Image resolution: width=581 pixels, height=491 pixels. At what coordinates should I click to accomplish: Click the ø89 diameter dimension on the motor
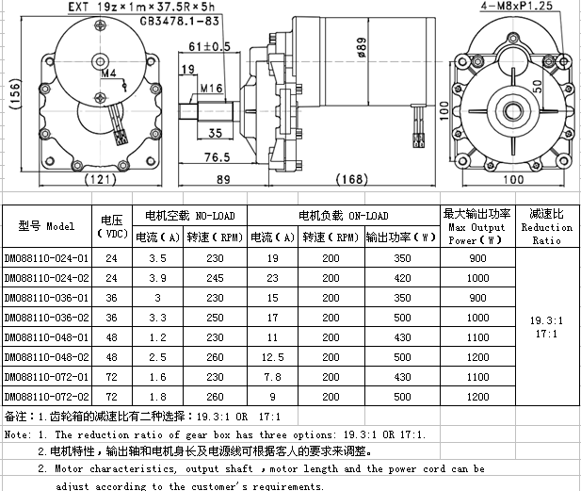pyautogui.click(x=362, y=47)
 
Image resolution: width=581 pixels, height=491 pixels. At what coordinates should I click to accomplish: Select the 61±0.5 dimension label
pyautogui.click(x=209, y=47)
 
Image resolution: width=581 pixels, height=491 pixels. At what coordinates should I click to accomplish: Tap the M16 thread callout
pyautogui.click(x=212, y=89)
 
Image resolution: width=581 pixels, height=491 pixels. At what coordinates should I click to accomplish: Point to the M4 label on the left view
pyautogui.click(x=108, y=74)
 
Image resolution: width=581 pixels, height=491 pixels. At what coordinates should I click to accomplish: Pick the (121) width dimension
pyautogui.click(x=101, y=179)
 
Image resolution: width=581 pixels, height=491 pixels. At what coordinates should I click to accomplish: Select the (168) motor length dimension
pyautogui.click(x=351, y=179)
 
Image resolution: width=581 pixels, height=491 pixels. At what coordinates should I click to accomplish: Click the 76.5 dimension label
pyautogui.click(x=218, y=157)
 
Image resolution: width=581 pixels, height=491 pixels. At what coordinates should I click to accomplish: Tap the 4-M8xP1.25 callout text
pyautogui.click(x=517, y=6)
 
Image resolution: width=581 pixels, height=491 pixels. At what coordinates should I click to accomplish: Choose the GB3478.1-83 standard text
pyautogui.click(x=180, y=21)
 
